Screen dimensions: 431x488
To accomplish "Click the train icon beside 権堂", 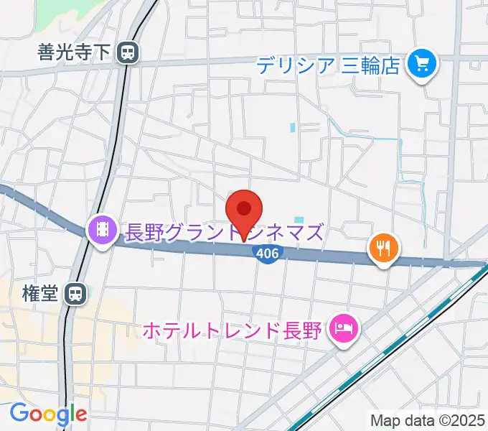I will click(74, 293).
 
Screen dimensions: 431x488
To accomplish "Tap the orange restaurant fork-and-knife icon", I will click(383, 249).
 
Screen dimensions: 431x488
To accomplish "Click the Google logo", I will click(48, 414).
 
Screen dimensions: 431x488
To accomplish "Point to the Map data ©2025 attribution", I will click(428, 420).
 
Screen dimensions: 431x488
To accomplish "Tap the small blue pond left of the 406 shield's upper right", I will click(299, 220).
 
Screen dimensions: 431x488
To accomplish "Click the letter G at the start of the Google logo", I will click(19, 413).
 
